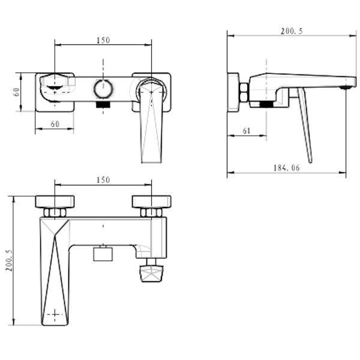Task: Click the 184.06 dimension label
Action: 287,168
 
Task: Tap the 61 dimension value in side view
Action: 246,131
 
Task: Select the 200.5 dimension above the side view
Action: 292,31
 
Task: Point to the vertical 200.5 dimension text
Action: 9,260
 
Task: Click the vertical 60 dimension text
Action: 17,92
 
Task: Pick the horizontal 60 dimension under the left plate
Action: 55,124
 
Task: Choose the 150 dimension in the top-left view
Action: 103,40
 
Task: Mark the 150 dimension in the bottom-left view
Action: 103,180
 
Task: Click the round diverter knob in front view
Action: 103,89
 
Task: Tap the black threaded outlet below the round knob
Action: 103,104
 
